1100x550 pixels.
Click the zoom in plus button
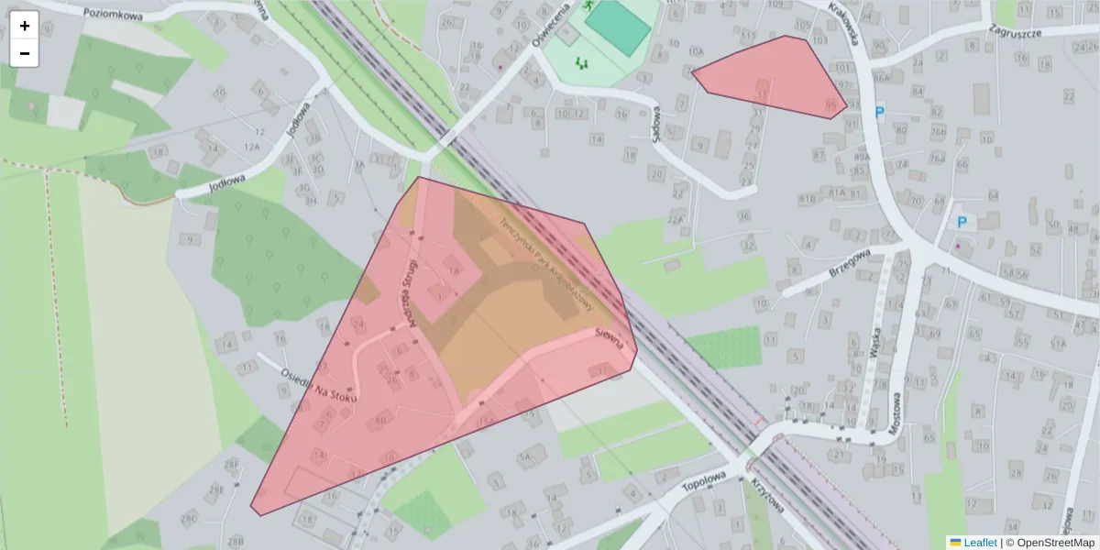click(x=25, y=26)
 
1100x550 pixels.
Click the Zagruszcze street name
click(x=1017, y=29)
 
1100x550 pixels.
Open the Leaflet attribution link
click(x=973, y=543)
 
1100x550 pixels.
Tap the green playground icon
click(x=580, y=63)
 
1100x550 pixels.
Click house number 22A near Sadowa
click(x=676, y=219)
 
